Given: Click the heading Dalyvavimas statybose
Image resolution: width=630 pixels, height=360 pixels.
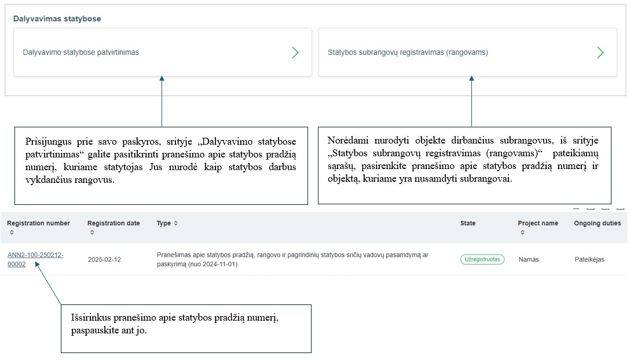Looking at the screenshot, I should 57,19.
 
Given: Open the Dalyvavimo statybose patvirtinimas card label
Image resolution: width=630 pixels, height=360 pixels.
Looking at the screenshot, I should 81,52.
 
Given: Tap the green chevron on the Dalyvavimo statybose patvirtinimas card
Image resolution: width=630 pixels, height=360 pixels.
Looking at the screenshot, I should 295,53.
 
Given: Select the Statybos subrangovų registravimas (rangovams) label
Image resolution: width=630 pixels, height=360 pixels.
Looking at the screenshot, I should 408,52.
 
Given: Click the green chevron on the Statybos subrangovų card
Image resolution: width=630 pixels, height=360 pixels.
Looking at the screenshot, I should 600,53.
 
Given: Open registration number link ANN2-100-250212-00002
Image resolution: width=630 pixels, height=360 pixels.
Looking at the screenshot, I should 35,259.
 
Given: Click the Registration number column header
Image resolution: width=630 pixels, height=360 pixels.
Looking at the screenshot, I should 38,223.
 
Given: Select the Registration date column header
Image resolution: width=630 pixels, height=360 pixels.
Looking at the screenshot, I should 113,223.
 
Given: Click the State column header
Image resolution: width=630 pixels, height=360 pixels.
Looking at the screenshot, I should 468,223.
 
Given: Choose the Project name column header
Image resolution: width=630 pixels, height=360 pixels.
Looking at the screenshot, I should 538,223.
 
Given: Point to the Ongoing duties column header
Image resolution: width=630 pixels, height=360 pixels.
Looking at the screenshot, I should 597,223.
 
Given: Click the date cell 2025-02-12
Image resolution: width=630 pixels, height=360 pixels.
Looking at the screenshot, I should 104,259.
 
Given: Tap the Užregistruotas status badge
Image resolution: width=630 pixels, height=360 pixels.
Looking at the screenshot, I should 482,259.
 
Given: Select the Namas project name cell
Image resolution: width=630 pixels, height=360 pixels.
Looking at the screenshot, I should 529,259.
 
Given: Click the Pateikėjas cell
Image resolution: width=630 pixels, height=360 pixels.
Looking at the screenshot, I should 589,259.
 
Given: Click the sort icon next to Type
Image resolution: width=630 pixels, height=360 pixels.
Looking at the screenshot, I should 176,223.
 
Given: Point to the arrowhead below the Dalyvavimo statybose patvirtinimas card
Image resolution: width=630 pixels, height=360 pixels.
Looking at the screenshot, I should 162,79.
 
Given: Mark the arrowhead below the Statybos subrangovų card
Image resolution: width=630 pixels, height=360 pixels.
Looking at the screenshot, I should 471,79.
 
